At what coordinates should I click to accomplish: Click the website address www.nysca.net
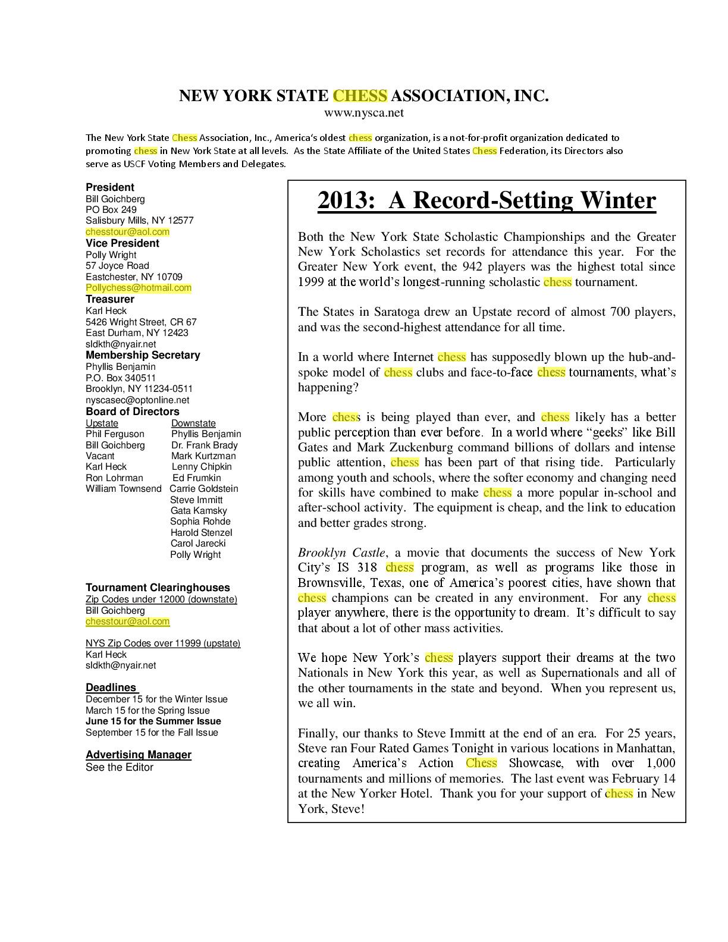point(363,112)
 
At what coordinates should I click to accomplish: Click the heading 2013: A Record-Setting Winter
point(487,200)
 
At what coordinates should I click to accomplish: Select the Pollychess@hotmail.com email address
point(139,288)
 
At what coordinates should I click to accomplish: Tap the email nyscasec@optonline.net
point(137,400)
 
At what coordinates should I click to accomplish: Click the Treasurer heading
point(110,299)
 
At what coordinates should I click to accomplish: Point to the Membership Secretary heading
point(143,355)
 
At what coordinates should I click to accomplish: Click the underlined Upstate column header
point(102,423)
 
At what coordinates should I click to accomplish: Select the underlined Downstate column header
point(193,423)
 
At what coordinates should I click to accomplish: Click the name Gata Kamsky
point(199,510)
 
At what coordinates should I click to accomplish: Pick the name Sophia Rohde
point(200,522)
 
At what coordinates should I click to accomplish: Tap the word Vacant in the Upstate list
point(100,456)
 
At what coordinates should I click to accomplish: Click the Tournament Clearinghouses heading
point(158,588)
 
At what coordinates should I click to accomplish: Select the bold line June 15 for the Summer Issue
point(153,721)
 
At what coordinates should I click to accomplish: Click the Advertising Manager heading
point(139,755)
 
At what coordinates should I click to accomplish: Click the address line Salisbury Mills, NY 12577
point(140,221)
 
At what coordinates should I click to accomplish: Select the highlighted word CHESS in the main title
point(360,96)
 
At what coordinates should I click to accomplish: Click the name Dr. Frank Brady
point(205,445)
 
